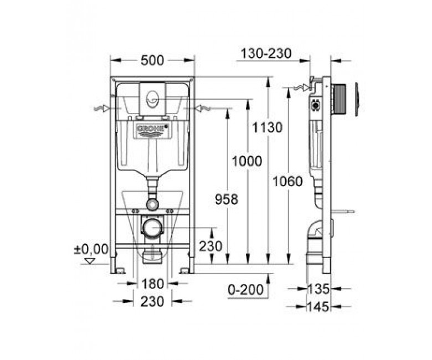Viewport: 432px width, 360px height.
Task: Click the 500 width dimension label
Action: [x=152, y=60]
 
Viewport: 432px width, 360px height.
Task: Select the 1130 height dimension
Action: [x=268, y=127]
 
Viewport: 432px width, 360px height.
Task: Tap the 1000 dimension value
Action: [x=247, y=161]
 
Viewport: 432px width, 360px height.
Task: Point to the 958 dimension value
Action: [x=226, y=199]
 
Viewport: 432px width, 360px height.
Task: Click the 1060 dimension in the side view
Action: [x=287, y=182]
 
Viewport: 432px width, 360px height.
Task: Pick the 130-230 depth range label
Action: [x=266, y=53]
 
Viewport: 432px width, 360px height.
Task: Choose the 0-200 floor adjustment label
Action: [x=246, y=290]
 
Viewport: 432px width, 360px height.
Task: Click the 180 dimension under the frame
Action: [x=153, y=284]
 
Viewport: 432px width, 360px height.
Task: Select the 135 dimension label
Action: [x=318, y=289]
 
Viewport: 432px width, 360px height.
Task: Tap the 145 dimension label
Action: [x=318, y=307]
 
